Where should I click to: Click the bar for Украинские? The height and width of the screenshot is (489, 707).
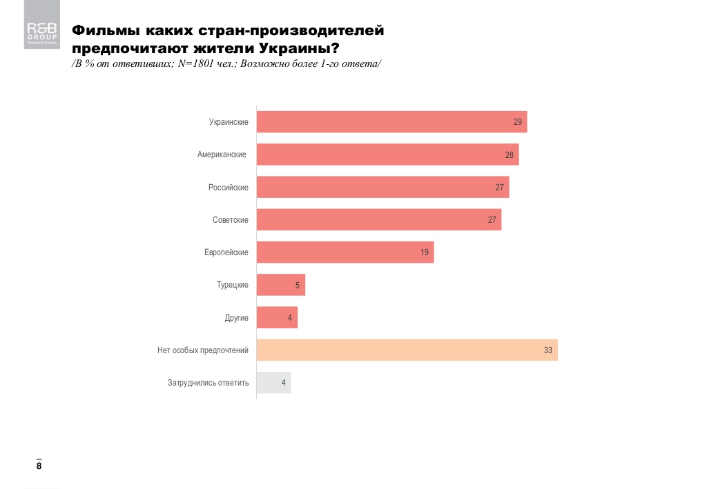tap(391, 122)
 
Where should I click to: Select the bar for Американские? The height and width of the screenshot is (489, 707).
tap(387, 154)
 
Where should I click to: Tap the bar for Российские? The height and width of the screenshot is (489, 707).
tap(382, 187)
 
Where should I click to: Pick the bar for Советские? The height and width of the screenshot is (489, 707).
tap(378, 219)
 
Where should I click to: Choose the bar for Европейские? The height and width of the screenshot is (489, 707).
tap(345, 252)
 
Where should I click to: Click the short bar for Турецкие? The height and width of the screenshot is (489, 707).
tap(280, 285)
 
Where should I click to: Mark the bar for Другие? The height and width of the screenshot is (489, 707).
tap(277, 317)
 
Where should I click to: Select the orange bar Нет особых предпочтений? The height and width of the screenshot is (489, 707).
tap(407, 350)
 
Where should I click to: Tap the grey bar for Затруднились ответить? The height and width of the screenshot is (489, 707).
tap(273, 382)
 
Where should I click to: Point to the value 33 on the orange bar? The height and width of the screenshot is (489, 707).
tap(548, 350)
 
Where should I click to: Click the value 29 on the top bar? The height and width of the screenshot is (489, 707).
tap(517, 122)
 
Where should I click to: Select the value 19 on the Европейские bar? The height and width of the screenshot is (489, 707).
tap(425, 252)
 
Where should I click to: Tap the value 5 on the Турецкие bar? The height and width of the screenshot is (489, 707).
tap(298, 285)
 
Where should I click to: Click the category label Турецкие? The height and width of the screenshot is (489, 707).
tap(233, 285)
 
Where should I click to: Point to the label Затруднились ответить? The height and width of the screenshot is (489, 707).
tap(208, 383)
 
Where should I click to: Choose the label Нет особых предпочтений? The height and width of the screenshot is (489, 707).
tap(203, 350)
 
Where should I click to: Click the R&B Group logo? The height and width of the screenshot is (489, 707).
tap(41, 33)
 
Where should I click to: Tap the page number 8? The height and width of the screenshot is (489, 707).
tap(39, 466)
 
